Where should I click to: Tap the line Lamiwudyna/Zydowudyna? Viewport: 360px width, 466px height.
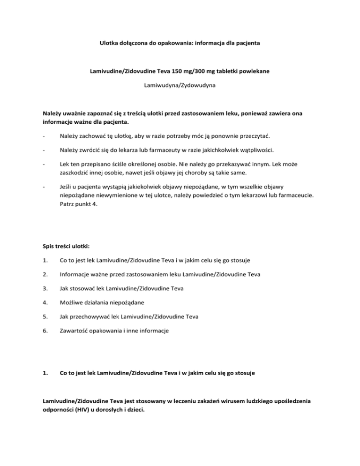pyautogui.click(x=180, y=87)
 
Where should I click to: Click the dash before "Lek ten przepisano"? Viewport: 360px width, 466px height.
pyautogui.click(x=44, y=179)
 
